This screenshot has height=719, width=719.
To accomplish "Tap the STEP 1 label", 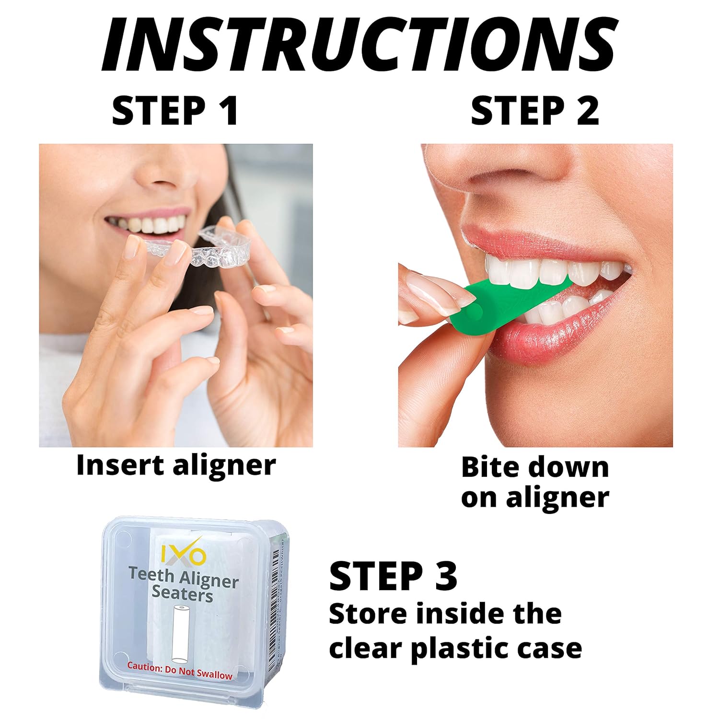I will [x=175, y=111].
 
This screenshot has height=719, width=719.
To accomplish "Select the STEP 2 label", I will [x=534, y=111].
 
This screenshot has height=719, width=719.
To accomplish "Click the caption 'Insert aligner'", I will [x=176, y=465].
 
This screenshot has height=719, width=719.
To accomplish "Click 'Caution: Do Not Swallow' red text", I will [x=179, y=670].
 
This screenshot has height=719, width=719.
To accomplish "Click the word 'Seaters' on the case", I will [x=182, y=594].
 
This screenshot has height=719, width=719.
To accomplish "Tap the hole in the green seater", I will [x=476, y=313].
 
